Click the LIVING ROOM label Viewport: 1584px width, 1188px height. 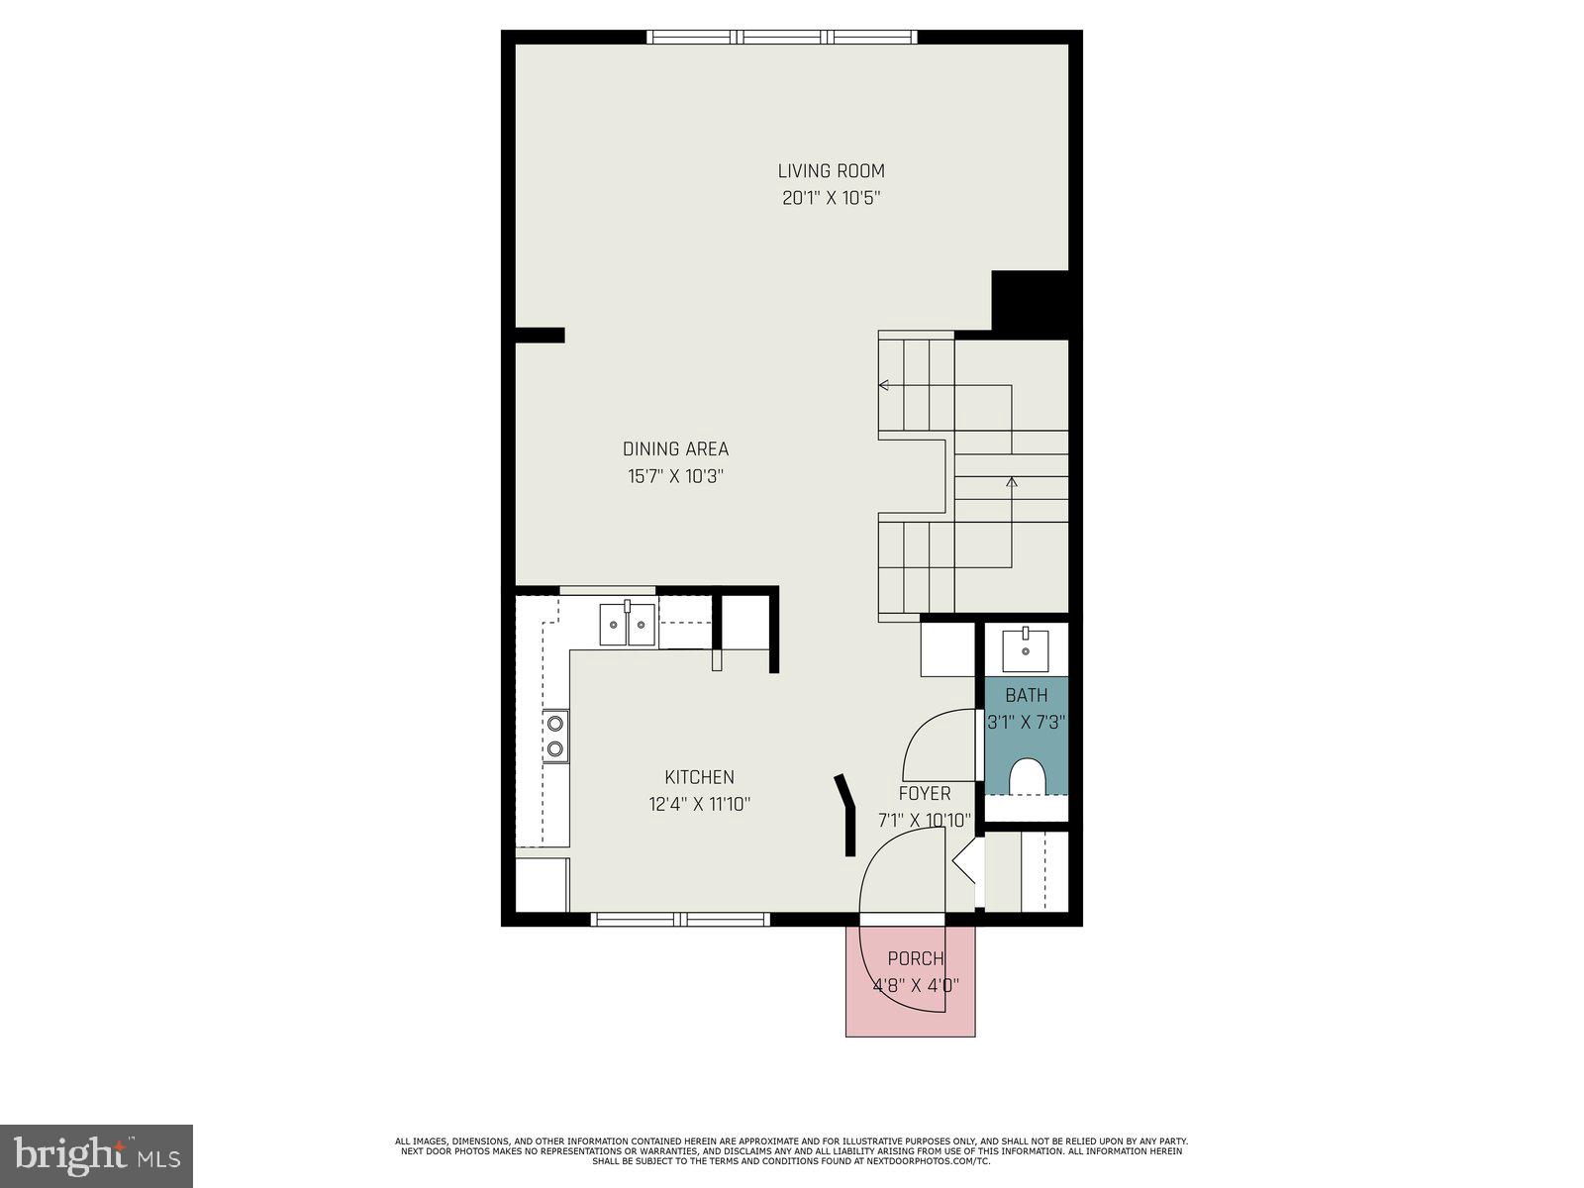coord(831,171)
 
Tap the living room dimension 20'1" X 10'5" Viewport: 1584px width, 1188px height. coord(831,198)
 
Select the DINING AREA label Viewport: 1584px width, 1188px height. coord(675,449)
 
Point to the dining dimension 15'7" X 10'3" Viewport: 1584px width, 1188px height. coord(675,476)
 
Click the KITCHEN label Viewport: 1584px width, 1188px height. coord(699,778)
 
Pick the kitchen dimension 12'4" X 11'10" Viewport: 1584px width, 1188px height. coord(699,805)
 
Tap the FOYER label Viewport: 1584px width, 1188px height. coord(924,794)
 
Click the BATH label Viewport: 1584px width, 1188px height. coord(1026,695)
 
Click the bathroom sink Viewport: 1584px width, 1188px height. coord(1026,650)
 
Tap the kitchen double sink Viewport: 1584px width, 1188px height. coord(628,625)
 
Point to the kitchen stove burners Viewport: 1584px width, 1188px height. coord(555,736)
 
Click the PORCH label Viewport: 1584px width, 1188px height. coord(915,958)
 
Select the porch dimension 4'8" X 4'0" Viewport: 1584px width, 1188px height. coord(915,986)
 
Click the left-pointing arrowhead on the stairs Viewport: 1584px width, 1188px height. coord(883,385)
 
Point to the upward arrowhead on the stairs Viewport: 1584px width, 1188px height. coord(1011,482)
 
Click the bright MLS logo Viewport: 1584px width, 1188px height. coord(96,1155)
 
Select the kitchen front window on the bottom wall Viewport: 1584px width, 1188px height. coord(680,920)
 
